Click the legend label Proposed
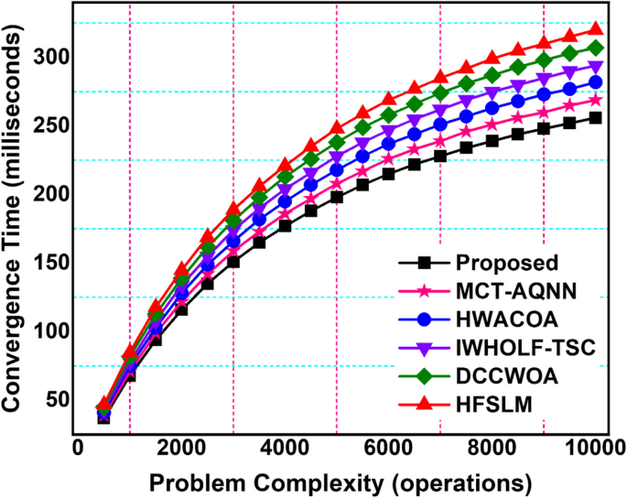[x=506, y=264]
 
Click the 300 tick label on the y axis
[x=49, y=58]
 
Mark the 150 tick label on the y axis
[x=49, y=263]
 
